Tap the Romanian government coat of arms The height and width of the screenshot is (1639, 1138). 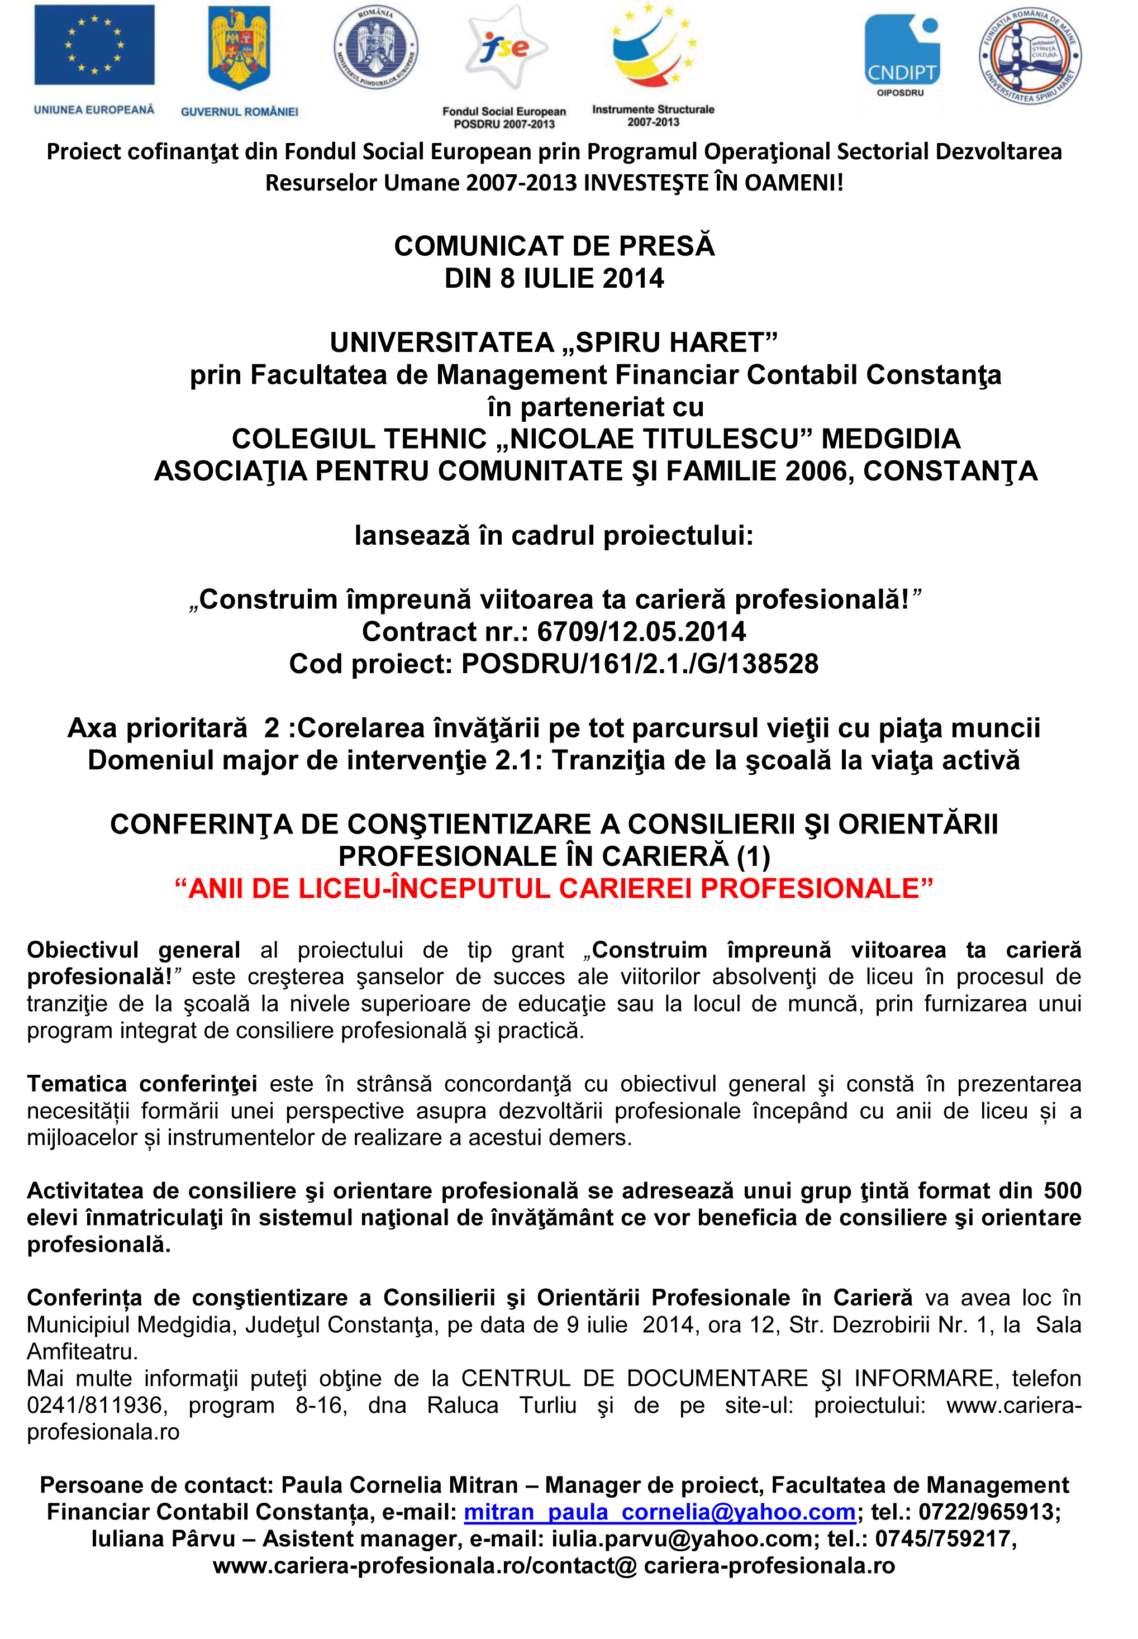239,49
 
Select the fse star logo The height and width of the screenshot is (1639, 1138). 505,49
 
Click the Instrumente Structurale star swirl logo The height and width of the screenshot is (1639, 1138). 654,49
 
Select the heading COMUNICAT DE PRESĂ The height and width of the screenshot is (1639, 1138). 554,246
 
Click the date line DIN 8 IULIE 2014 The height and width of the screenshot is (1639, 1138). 554,278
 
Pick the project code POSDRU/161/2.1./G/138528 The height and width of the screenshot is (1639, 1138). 640,664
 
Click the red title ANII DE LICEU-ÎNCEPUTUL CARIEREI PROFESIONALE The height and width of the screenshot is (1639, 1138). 554,888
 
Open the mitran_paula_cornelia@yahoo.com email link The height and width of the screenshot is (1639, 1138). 660,1512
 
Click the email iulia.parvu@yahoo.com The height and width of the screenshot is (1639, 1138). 681,1539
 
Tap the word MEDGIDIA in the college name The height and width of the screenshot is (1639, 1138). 891,439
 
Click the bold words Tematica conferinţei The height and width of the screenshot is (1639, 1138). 142,1084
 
